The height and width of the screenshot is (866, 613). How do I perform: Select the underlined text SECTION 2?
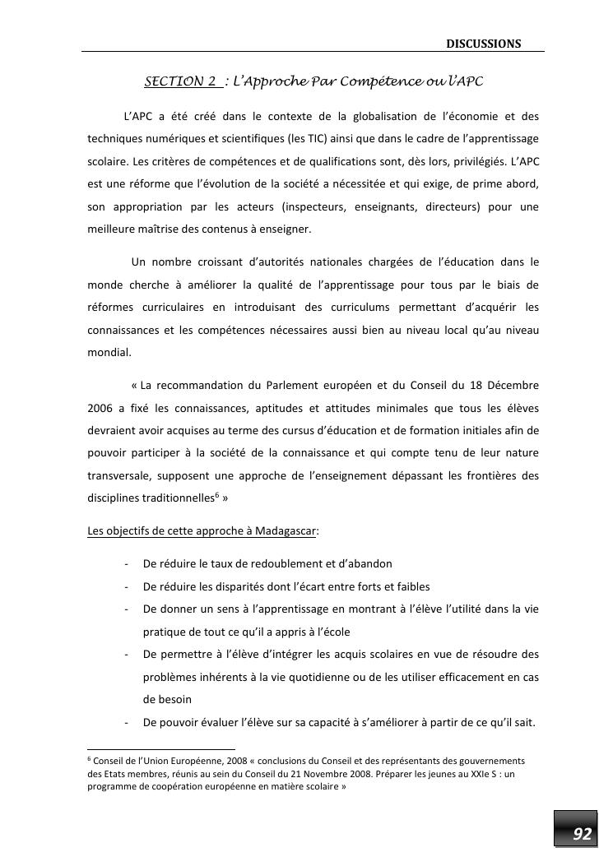pos(181,81)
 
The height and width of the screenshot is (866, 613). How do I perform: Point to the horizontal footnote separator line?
pos(161,749)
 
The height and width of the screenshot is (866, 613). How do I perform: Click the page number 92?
pos(582,835)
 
